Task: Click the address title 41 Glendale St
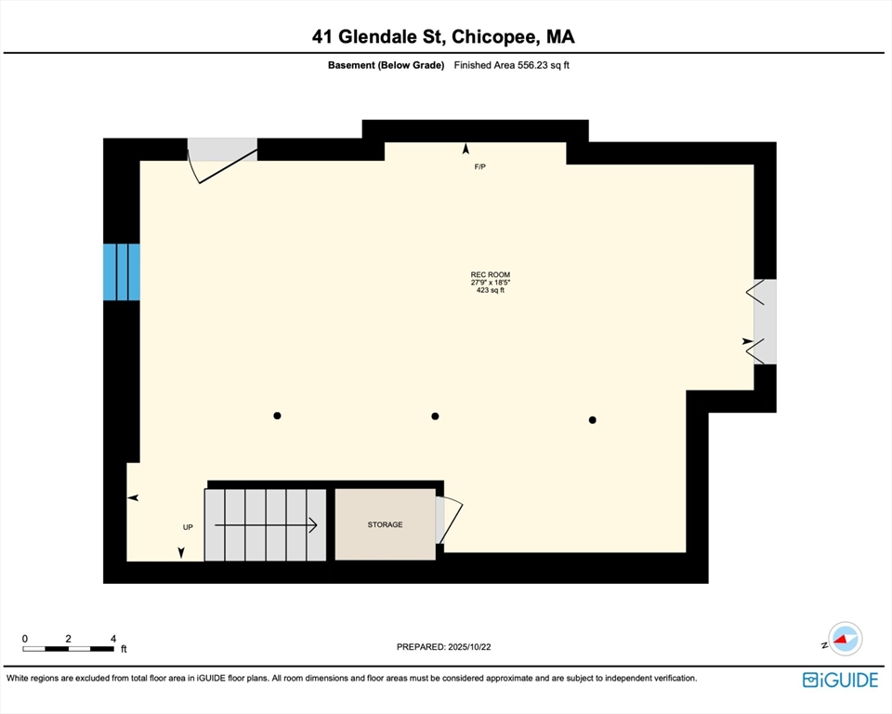point(443,37)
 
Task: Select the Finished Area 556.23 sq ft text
point(510,65)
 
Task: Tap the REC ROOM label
point(491,274)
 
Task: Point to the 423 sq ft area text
point(490,291)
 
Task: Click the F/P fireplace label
point(479,166)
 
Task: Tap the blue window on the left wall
point(122,271)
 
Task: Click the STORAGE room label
point(385,524)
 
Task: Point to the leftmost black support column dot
point(277,416)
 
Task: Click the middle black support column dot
point(435,416)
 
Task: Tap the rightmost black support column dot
point(592,420)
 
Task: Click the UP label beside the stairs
point(188,527)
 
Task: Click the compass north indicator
point(845,639)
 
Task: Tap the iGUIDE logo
point(840,680)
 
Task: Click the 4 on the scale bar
point(113,639)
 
